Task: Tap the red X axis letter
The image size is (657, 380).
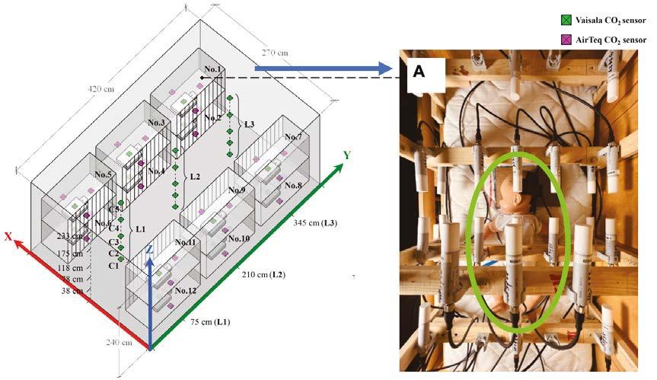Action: point(8,236)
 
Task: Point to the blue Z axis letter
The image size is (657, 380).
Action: point(151,250)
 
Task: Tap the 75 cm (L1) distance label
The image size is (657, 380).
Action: point(209,322)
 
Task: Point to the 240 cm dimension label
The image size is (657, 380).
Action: point(120,342)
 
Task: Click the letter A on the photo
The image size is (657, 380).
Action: point(419,72)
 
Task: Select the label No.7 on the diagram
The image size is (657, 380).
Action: point(293,137)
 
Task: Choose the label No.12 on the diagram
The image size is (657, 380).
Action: point(186,290)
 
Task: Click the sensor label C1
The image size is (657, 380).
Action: point(113,266)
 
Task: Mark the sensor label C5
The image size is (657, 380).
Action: point(113,209)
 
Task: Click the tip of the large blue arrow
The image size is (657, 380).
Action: point(400,69)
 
